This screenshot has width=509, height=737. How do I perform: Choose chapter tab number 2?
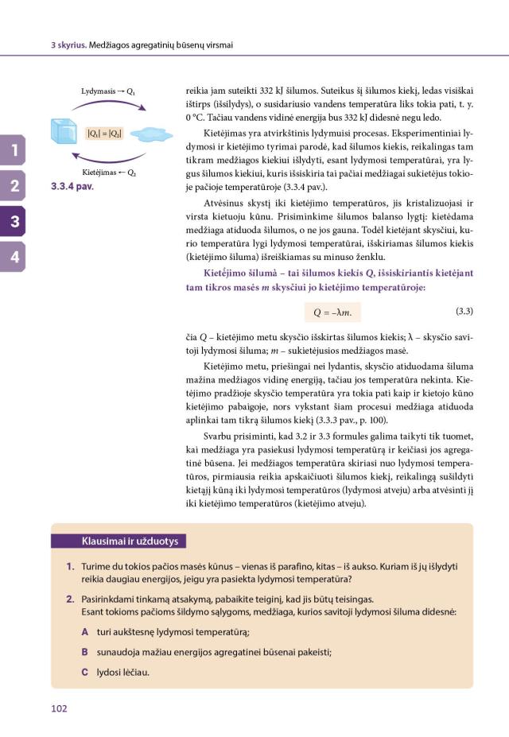[x=14, y=187]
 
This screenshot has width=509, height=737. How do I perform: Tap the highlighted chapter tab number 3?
[x=14, y=222]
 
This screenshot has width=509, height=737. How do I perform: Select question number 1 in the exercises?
[x=70, y=565]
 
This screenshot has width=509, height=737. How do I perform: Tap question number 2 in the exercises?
[x=70, y=599]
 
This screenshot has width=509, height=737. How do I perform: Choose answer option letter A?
[x=84, y=633]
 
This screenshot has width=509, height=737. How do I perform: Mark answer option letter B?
[x=84, y=652]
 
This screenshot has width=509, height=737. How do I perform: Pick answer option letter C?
[x=84, y=672]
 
